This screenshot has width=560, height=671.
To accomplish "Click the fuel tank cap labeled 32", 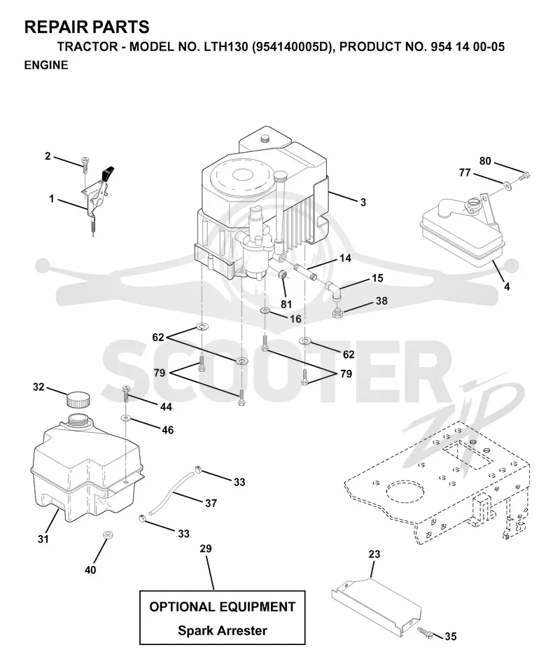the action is click(78, 400).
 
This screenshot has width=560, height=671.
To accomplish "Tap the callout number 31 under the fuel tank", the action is click(43, 539).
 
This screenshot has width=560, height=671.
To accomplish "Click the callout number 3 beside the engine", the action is click(363, 202).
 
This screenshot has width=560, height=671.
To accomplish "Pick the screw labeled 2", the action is click(85, 165).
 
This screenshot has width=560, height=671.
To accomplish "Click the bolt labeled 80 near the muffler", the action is click(524, 175).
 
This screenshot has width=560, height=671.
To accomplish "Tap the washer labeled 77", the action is click(507, 185).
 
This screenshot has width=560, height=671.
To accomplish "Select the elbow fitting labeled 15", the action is click(333, 292).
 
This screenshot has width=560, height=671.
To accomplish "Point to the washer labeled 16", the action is click(265, 310).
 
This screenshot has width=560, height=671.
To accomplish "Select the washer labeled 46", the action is click(126, 418).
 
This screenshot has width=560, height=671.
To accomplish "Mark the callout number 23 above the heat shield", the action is click(374, 554).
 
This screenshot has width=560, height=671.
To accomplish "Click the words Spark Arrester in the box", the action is click(223, 630).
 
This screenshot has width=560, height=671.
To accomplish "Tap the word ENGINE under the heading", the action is click(46, 65).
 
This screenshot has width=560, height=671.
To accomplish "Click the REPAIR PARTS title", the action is click(87, 27).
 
